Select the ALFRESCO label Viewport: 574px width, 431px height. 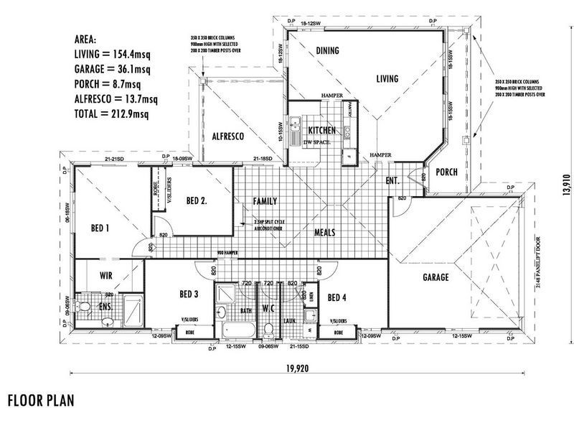tap(229, 136)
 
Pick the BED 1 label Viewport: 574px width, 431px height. tap(100, 228)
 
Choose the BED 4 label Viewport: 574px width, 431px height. tap(337, 297)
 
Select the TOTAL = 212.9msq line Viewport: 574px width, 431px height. tap(111, 114)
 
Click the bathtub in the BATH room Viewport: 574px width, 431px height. tap(237, 329)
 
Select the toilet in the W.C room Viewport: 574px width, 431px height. tap(268, 329)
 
